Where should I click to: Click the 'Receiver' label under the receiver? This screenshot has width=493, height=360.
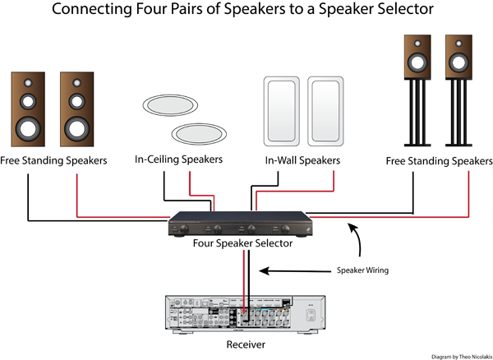coord(246,344)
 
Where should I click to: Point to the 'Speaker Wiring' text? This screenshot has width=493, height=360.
coord(362,270)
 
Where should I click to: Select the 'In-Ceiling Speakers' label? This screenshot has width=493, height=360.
coord(179,159)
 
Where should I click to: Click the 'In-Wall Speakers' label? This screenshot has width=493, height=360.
coord(302,160)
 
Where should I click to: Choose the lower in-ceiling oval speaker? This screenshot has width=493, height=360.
coord(197,132)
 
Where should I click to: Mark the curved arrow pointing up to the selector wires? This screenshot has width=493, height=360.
coord(356,238)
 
